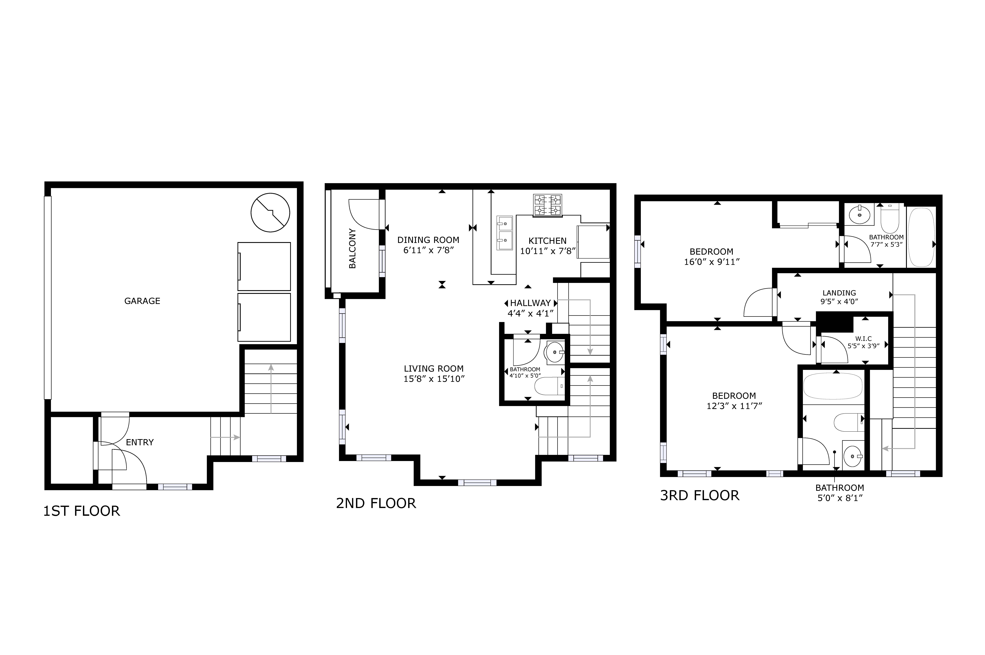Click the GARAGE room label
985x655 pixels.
point(142,301)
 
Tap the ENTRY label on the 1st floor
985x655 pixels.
point(140,442)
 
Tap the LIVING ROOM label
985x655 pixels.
point(433,368)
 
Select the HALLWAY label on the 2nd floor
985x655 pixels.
point(530,303)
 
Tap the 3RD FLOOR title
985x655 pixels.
point(700,495)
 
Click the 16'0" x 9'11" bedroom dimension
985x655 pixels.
point(712,262)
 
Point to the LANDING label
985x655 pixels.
point(839,293)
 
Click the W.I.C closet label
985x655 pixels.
point(863,338)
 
